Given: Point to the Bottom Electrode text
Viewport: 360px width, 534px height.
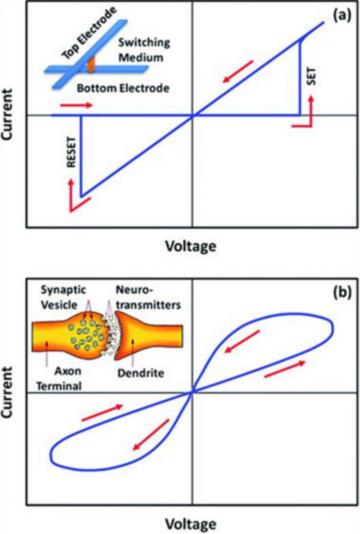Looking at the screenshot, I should click(x=123, y=88).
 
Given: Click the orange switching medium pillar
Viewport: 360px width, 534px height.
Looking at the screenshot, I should click(x=91, y=64).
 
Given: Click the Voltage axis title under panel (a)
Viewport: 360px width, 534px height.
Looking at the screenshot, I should click(x=190, y=246).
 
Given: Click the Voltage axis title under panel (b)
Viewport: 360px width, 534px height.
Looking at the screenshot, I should click(x=190, y=523).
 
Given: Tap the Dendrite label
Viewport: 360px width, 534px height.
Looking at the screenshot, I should click(x=141, y=373).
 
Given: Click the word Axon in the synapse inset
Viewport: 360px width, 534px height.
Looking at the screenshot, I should click(x=67, y=370).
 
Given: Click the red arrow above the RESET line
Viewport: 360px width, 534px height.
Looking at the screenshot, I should click(x=76, y=105).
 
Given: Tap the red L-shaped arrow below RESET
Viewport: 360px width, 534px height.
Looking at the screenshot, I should click(x=75, y=198).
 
